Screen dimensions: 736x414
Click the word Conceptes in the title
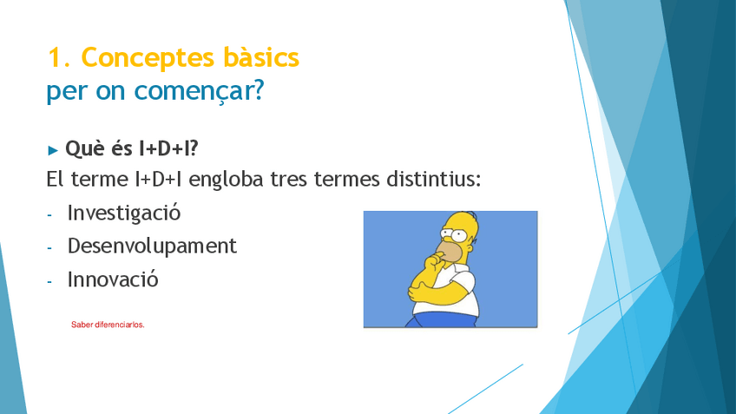[148, 58]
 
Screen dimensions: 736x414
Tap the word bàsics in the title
[261, 57]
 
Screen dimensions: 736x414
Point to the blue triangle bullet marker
[53, 150]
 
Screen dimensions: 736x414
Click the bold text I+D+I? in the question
[168, 148]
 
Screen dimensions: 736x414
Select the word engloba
[226, 180]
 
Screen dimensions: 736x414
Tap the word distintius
[434, 179]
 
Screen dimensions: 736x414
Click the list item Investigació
[124, 214]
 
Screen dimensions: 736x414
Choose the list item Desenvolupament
[152, 246]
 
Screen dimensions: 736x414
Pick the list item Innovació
[113, 279]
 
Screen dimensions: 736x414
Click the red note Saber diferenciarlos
[108, 325]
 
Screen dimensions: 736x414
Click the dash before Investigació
[49, 215]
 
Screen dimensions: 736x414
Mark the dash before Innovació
[49, 281]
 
